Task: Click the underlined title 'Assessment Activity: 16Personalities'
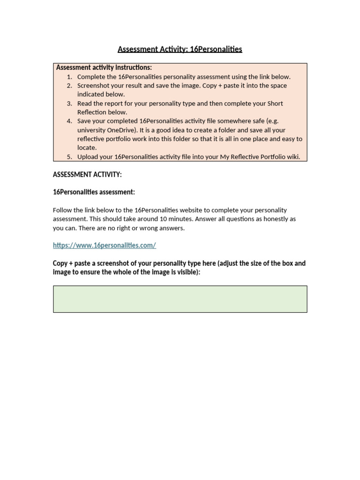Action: point(180,49)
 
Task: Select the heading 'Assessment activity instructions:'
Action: point(104,67)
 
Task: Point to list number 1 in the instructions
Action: point(69,77)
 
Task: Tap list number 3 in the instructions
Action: point(69,104)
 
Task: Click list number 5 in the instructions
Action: point(69,157)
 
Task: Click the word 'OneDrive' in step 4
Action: point(122,130)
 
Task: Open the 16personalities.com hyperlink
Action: point(104,245)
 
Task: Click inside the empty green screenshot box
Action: point(180,299)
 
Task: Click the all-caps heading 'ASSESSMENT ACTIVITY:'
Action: point(87,175)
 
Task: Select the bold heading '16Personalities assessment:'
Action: point(94,192)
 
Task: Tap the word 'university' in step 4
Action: point(92,130)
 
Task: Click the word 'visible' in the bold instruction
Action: point(187,272)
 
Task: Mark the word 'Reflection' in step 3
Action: point(93,112)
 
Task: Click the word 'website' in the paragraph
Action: point(198,210)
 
